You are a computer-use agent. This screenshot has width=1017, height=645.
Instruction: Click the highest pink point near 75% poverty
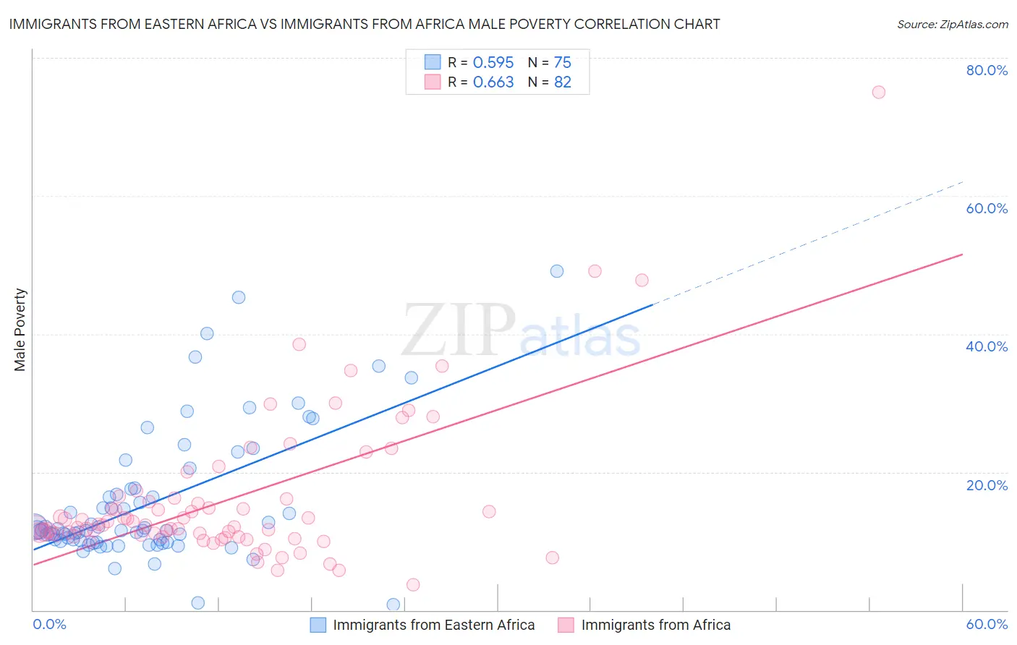pyautogui.click(x=878, y=92)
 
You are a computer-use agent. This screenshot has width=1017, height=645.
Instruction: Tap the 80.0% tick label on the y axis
pyautogui.click(x=987, y=70)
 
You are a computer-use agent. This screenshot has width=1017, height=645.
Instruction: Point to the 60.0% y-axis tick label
pyautogui.click(x=987, y=208)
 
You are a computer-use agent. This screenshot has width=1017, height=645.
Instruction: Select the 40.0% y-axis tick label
pyautogui.click(x=987, y=346)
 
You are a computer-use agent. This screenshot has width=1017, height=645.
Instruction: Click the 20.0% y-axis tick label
pyautogui.click(x=987, y=485)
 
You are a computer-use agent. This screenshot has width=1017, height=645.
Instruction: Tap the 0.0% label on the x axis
pyautogui.click(x=49, y=624)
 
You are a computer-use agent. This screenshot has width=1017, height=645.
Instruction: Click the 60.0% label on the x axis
pyautogui.click(x=987, y=624)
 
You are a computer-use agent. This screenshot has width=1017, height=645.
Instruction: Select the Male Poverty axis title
pyautogui.click(x=20, y=330)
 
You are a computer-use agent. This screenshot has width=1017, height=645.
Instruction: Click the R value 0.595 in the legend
pyautogui.click(x=493, y=62)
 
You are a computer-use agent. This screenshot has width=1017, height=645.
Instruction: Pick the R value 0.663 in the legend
pyautogui.click(x=493, y=82)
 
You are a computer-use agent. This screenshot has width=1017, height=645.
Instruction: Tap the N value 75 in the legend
pyautogui.click(x=562, y=62)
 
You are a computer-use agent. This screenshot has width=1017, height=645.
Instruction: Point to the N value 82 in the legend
pyautogui.click(x=562, y=82)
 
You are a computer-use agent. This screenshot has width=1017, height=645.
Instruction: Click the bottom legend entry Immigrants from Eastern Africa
pyautogui.click(x=433, y=625)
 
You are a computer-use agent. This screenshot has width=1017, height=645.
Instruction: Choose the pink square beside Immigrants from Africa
pyautogui.click(x=566, y=625)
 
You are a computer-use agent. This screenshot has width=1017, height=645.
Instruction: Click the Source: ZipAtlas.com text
pyautogui.click(x=952, y=24)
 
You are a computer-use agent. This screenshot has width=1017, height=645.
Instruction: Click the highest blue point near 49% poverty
pyautogui.click(x=556, y=271)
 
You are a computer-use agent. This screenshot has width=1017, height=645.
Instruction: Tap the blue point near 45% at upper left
pyautogui.click(x=238, y=297)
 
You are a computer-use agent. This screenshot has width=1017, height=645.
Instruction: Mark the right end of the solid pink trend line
pyautogui.click(x=962, y=255)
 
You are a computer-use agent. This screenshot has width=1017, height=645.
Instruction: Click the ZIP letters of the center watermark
pyautogui.click(x=459, y=331)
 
